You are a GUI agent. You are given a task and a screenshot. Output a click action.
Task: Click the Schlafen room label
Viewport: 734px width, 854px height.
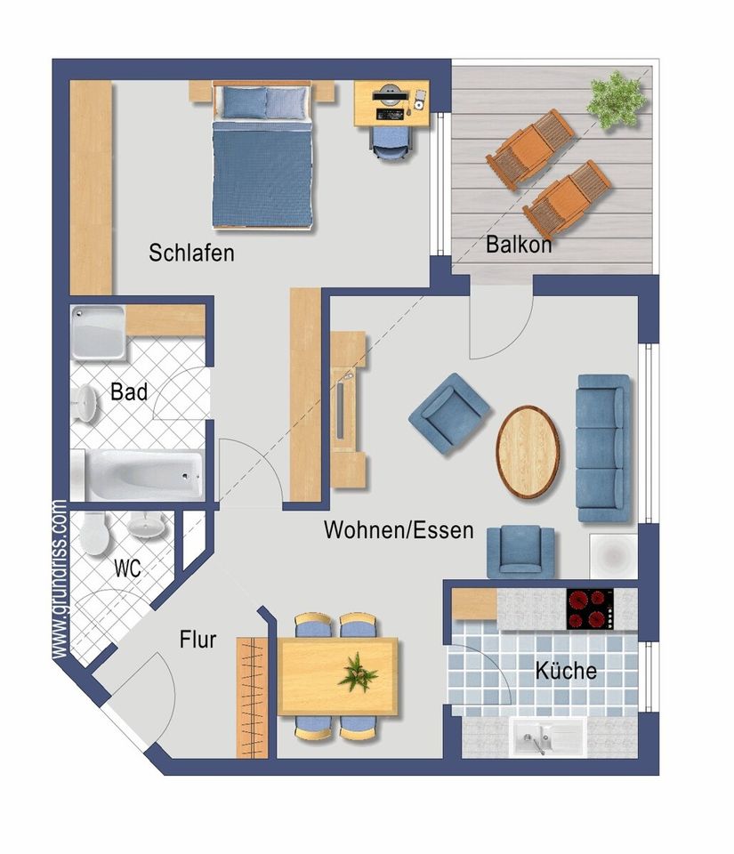(191, 254)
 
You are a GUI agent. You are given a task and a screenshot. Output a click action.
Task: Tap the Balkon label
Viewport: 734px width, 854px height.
(519, 245)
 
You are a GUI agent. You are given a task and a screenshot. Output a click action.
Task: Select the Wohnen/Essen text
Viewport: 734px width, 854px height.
(399, 530)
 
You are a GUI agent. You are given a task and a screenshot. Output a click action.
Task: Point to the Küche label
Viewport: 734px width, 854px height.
(566, 671)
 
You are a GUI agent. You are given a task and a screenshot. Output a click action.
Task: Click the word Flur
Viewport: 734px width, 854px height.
(198, 640)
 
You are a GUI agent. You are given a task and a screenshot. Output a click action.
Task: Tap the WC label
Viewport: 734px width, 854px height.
(127, 568)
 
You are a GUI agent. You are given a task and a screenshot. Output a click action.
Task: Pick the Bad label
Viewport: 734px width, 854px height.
(128, 391)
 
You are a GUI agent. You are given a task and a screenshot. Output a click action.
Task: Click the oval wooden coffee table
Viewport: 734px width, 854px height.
(528, 452)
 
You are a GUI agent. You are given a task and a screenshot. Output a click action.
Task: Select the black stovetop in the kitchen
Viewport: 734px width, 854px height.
(591, 608)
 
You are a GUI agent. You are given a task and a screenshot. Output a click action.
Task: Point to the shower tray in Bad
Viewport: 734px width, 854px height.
(98, 332)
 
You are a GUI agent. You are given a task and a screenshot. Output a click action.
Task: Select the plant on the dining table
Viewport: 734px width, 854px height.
(357, 673)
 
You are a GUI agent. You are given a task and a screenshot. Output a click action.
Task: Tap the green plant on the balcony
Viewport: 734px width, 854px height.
(617, 99)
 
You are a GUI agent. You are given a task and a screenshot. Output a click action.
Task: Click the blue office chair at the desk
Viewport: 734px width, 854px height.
(391, 143)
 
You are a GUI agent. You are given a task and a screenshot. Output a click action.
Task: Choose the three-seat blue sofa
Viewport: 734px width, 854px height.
(604, 448)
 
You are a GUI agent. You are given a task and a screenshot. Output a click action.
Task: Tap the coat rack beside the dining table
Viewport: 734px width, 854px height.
(253, 697)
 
